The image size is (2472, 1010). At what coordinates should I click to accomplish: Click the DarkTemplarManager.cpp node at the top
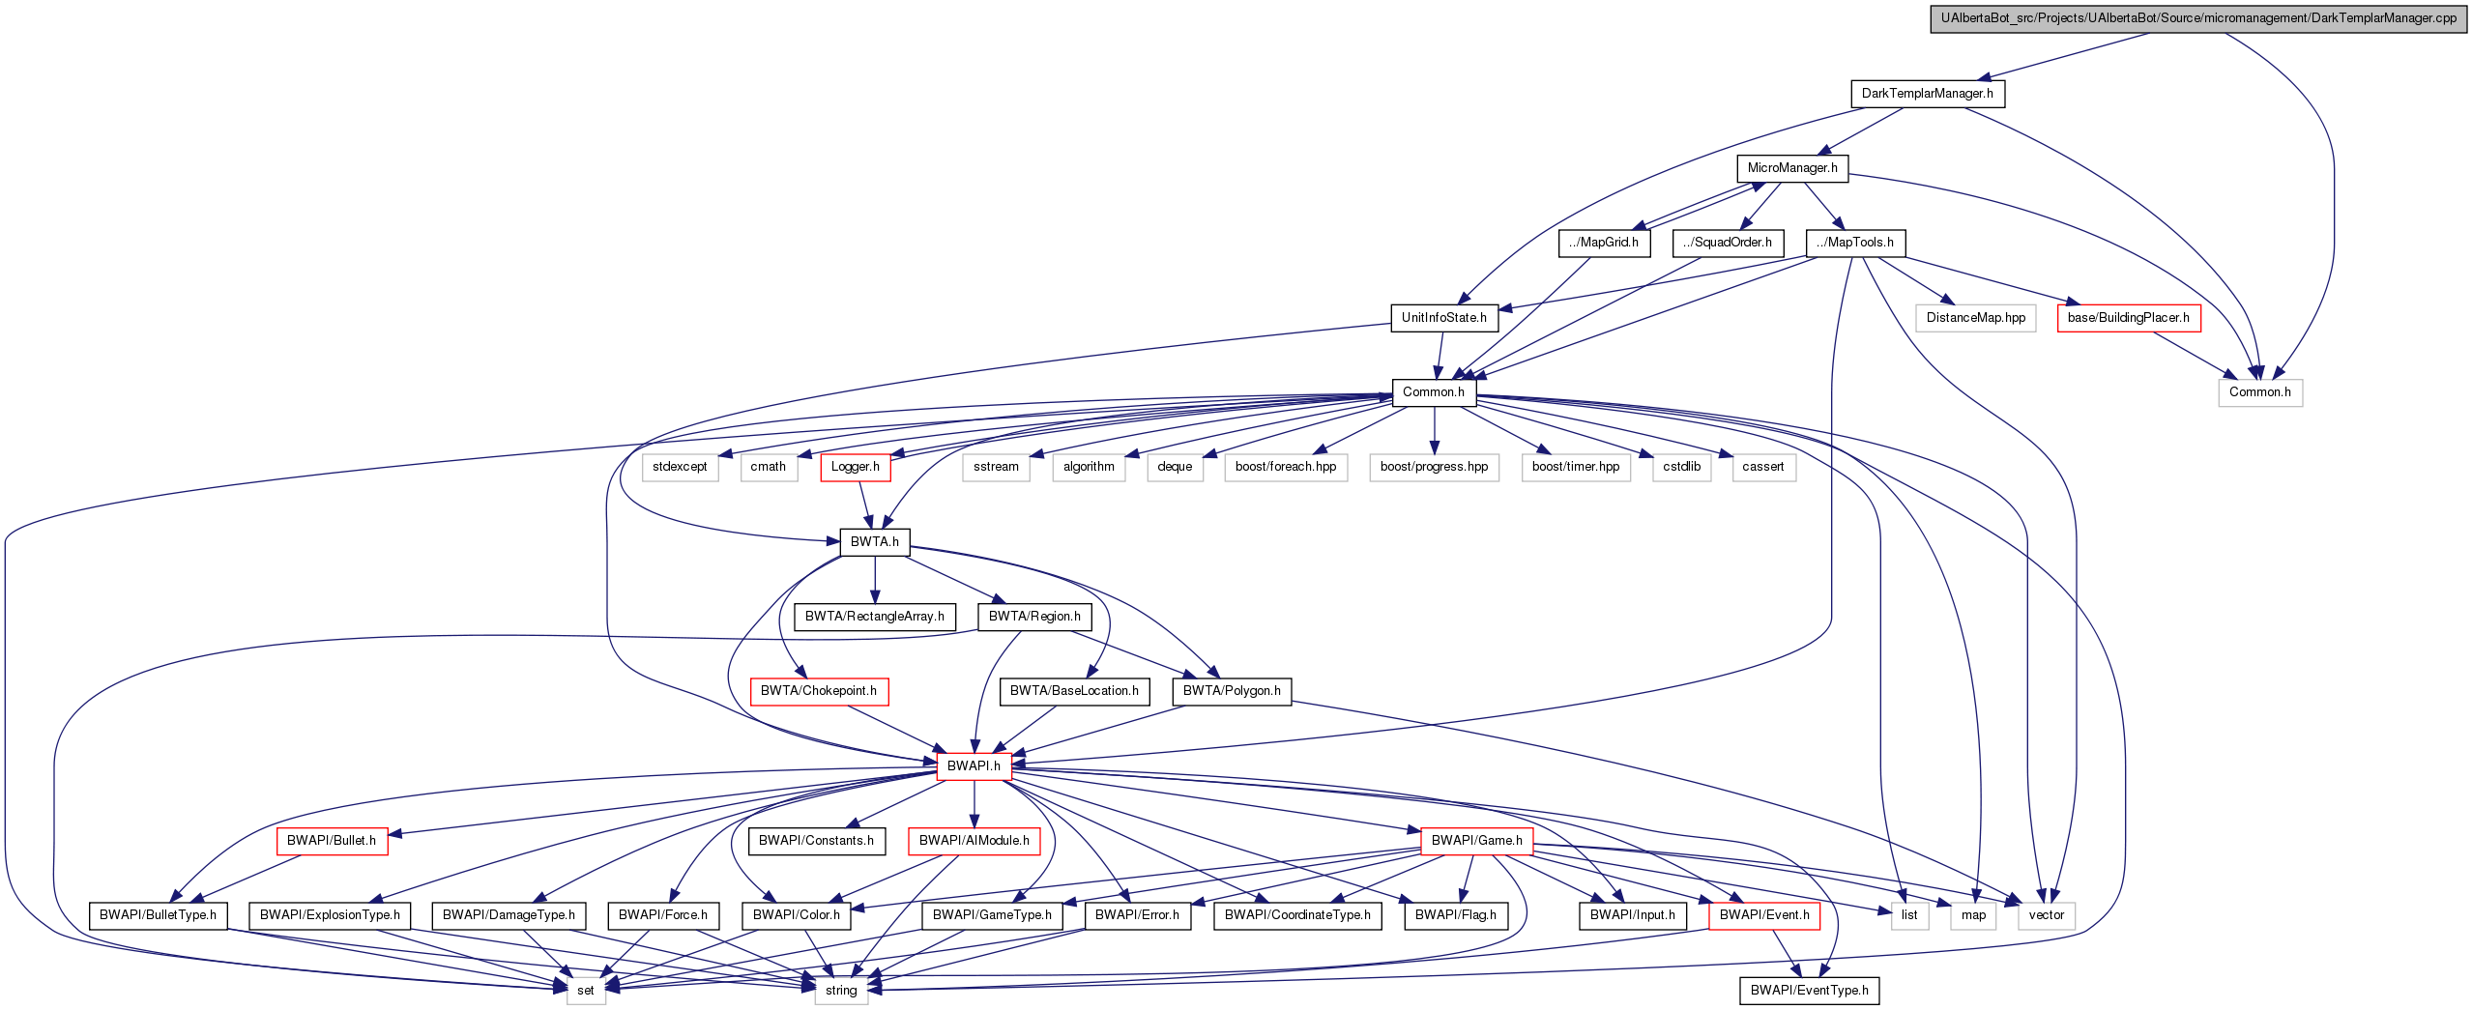pos(2197,18)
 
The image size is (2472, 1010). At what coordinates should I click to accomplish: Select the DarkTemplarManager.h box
pos(1927,94)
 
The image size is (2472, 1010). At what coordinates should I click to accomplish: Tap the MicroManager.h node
pos(1791,168)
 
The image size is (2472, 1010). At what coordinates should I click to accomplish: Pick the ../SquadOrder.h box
pos(1727,243)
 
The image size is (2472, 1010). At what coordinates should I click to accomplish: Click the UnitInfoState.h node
pos(1443,318)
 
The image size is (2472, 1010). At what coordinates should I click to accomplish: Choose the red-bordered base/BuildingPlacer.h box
pos(2128,318)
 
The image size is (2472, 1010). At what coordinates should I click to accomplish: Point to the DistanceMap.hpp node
pos(1975,318)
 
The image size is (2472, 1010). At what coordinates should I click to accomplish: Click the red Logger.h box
pos(855,467)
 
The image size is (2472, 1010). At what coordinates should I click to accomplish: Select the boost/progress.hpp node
pos(1434,467)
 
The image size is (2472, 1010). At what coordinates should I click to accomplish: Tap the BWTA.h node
pos(874,542)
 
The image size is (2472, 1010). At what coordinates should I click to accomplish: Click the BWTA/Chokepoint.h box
pos(818,691)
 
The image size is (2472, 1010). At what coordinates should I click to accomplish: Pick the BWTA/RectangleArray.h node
pos(874,617)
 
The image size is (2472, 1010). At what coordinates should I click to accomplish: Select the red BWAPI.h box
pos(974,766)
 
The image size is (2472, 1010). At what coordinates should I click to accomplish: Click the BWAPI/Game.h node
pos(1476,841)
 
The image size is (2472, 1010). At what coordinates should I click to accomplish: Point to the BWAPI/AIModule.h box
pos(974,841)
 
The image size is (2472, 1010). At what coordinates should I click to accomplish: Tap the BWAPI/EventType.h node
pos(1809,991)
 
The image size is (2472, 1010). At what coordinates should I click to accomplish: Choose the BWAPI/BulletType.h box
pos(158,915)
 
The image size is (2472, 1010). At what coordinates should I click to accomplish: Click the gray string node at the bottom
pos(840,991)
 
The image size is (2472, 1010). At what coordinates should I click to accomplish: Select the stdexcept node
pos(680,467)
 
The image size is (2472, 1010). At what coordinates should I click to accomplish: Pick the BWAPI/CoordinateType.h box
pos(1296,915)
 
